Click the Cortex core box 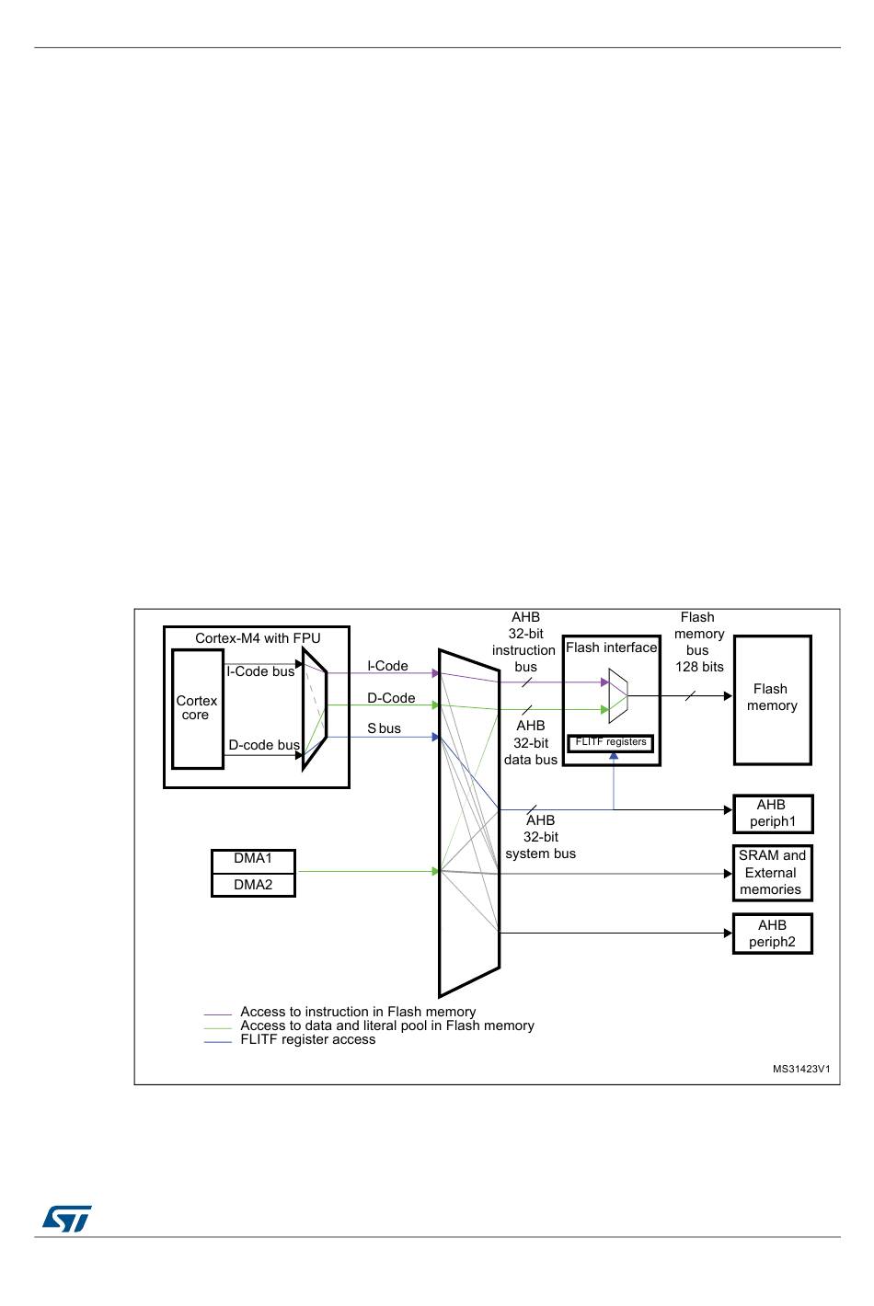pos(197,708)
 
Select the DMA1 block pos(253,859)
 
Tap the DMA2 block pos(253,885)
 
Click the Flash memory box pos(772,699)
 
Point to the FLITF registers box pos(611,742)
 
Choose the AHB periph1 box pos(772,813)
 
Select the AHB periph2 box pos(772,934)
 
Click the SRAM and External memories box pos(772,873)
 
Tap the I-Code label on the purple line pos(387,666)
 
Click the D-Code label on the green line pos(391,698)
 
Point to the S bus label pos(384,728)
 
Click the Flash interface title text pos(611,647)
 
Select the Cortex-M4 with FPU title pos(258,638)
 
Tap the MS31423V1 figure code pos(801,1069)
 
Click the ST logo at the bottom pos(66,1219)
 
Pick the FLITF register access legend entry pos(307,1040)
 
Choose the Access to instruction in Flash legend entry pos(358,1012)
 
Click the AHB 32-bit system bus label pos(540,837)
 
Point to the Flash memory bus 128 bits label pos(698,642)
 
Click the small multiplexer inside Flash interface pos(617,695)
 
